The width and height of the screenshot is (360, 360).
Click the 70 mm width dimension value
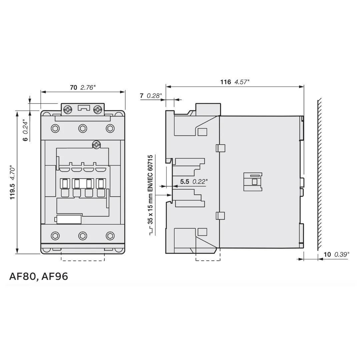[74, 88]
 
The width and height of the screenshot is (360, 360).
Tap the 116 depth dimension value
[226, 82]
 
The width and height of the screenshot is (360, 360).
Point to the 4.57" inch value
[242, 82]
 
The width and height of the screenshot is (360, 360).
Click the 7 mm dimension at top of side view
[142, 96]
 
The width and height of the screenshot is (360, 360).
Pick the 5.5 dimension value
[185, 182]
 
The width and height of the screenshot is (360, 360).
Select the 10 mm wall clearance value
[327, 255]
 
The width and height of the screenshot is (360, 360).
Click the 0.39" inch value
[342, 255]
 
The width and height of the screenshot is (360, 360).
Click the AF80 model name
[23, 276]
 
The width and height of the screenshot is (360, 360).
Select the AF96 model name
[55, 276]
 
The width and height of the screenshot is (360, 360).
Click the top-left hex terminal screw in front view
[55, 128]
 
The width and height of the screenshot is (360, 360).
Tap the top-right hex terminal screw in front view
[110, 128]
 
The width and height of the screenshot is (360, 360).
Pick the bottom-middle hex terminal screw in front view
[83, 236]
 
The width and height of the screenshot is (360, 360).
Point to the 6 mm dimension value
[25, 139]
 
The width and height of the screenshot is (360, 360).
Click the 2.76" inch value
[88, 88]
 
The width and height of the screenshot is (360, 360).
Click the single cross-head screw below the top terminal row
[96, 145]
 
